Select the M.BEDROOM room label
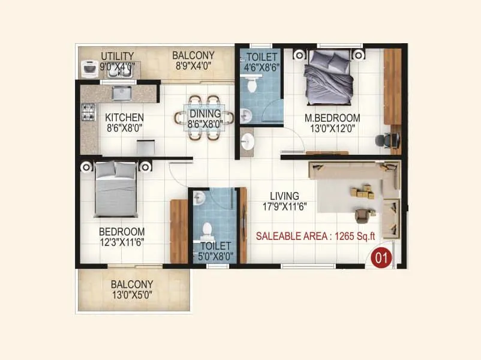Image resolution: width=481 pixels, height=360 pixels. [x=332, y=118]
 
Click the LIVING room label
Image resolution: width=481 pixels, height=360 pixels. [x=284, y=196]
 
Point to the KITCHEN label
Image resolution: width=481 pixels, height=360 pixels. [x=124, y=117]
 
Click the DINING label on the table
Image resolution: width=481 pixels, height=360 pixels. [x=205, y=113]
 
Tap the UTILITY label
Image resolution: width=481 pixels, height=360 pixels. [x=117, y=56]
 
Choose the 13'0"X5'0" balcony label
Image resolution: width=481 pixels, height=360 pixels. [x=131, y=295]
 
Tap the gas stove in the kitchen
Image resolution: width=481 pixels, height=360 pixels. [x=88, y=111]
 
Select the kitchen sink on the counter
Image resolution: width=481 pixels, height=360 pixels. [x=121, y=94]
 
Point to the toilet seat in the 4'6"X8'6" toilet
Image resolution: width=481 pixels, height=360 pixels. [x=252, y=85]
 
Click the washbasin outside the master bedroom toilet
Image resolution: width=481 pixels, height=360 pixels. [x=247, y=142]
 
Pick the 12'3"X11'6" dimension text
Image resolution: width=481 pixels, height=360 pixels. [x=122, y=242]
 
